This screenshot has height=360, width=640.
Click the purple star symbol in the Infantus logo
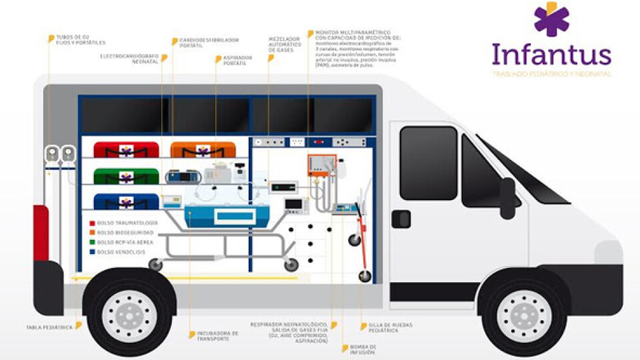(x=551, y=20)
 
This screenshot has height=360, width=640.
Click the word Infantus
(x=551, y=55)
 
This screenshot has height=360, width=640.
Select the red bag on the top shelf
(x=125, y=149)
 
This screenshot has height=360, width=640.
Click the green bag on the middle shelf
(x=125, y=177)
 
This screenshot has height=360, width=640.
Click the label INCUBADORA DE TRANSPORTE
(x=213, y=335)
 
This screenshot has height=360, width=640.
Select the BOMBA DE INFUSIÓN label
(x=363, y=349)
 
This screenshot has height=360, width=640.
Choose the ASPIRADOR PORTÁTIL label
(x=238, y=59)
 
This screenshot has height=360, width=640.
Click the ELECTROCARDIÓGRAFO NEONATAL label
(x=129, y=59)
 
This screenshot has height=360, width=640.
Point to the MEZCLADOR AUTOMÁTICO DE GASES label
(x=284, y=45)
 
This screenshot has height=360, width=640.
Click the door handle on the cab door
(x=401, y=218)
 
